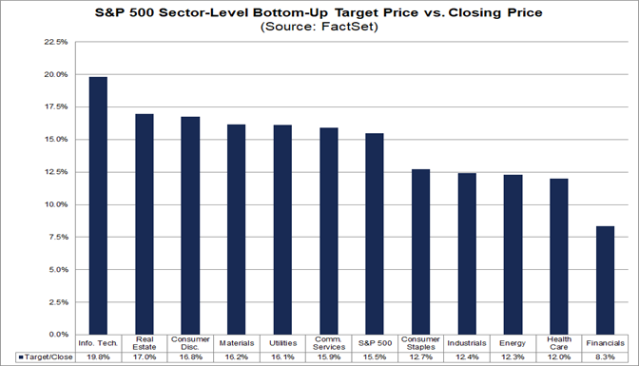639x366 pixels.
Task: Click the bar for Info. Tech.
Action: tap(97, 205)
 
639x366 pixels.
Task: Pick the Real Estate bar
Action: tap(144, 224)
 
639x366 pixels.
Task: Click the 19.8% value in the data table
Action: tap(97, 357)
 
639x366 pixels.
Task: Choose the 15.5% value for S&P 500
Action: tap(376, 357)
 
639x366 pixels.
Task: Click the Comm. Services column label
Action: tap(329, 344)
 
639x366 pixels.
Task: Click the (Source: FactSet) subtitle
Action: tap(319, 28)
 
